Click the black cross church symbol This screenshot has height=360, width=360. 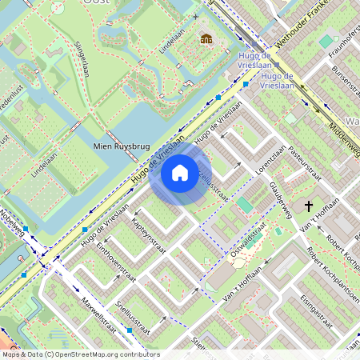[309, 206]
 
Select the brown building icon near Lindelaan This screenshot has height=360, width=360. [206, 38]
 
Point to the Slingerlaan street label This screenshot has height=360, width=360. [82, 59]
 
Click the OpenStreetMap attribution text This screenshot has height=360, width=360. [80, 354]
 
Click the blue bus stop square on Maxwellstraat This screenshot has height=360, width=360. [129, 330]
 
